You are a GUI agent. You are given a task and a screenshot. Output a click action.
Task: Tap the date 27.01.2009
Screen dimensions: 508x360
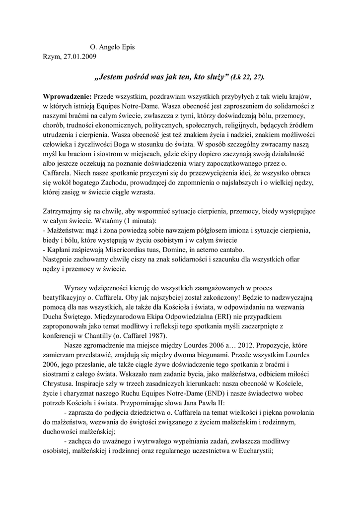[x=80, y=57]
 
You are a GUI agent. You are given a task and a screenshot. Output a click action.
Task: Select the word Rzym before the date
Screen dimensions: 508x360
[x=53, y=57]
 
